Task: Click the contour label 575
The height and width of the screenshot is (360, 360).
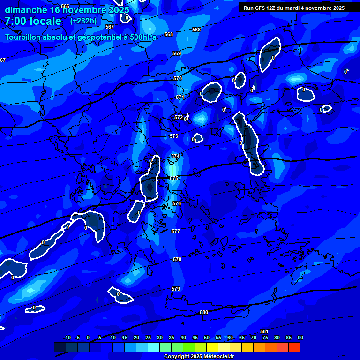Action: [174, 179]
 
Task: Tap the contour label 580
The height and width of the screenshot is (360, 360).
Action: [204, 312]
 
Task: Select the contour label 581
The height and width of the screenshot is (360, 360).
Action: [264, 331]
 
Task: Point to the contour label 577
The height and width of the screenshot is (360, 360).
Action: [176, 232]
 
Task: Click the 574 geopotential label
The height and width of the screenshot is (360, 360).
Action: [175, 156]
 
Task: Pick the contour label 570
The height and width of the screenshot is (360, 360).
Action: [178, 79]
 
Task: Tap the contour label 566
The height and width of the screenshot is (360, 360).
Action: [65, 6]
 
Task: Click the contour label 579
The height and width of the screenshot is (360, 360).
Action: [176, 289]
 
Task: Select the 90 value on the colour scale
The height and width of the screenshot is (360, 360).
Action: [300, 337]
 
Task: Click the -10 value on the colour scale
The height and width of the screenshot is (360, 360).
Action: [67, 337]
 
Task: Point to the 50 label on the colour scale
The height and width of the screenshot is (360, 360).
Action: [207, 337]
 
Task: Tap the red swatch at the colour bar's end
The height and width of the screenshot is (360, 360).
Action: [294, 347]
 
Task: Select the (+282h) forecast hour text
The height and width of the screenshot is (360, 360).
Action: [83, 21]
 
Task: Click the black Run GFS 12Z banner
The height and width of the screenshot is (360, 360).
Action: [294, 8]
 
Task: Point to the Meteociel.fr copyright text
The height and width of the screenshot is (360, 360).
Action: [199, 356]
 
